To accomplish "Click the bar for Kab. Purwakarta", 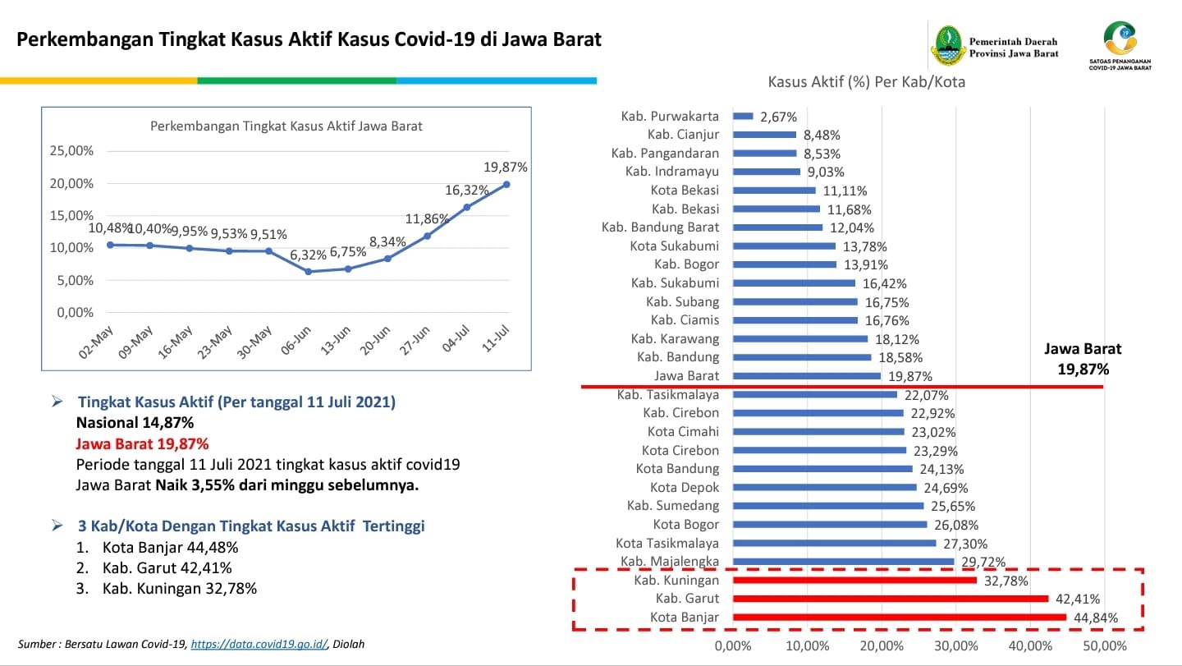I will click(x=743, y=117).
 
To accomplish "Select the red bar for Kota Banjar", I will click(x=900, y=618).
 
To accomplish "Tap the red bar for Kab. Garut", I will click(x=891, y=599).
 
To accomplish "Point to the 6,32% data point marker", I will click(x=309, y=271).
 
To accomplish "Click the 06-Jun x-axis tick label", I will click(x=297, y=338).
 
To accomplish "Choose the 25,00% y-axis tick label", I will click(x=72, y=151).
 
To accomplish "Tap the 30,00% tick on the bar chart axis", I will click(x=956, y=645).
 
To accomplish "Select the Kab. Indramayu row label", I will click(x=672, y=172).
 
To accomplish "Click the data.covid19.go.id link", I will click(x=259, y=645).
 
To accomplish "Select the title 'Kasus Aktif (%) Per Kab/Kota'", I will click(x=867, y=82).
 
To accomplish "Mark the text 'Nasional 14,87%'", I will click(x=135, y=424).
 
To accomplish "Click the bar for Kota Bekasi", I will click(x=774, y=191).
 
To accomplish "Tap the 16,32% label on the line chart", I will click(x=467, y=191).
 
